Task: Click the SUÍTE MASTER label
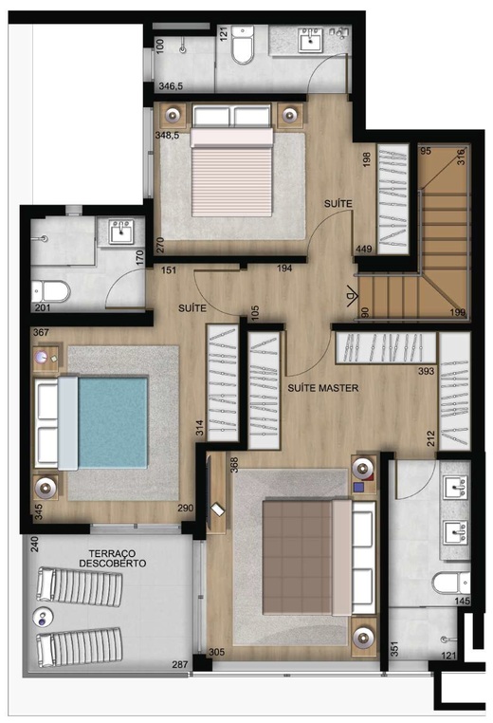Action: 322,387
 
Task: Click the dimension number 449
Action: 363,250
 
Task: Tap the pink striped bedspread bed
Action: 233,179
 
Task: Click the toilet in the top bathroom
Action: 243,44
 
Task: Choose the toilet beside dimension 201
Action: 50,290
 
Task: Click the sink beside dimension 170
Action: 119,232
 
